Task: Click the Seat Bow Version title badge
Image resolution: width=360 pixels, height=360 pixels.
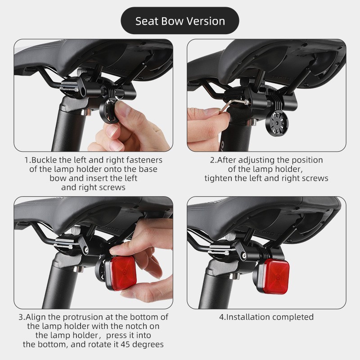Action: coord(180,21)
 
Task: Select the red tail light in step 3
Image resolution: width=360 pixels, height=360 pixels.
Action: coord(121,273)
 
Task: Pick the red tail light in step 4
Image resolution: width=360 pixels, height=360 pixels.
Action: coord(275,276)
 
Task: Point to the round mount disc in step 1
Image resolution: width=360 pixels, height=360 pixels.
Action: coord(110,111)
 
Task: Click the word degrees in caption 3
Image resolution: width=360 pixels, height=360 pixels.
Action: coord(148,345)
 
